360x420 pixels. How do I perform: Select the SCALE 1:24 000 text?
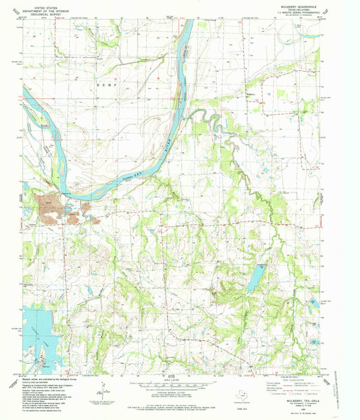pos(169,380)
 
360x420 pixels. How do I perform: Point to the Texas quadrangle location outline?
pos(241,396)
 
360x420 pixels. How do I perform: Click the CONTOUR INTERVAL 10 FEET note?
pos(169,395)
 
